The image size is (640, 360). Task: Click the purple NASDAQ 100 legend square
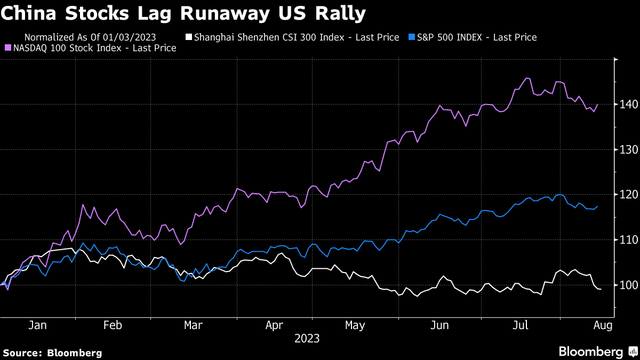pos(9,48)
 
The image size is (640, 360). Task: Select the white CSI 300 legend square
pos(188,37)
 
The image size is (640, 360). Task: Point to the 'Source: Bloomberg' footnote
pos(52,353)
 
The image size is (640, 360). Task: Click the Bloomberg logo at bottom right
pos(597,351)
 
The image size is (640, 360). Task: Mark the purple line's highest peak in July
pos(527,78)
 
